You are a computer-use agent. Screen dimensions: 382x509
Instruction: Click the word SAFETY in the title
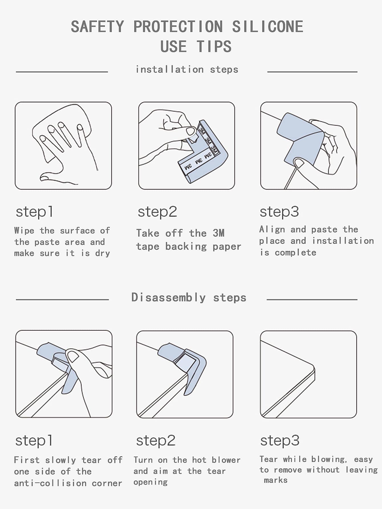(97, 27)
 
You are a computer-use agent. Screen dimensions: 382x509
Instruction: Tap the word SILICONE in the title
(267, 27)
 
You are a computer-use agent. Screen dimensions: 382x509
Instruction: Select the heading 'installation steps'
(187, 69)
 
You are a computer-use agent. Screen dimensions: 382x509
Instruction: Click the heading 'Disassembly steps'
(188, 297)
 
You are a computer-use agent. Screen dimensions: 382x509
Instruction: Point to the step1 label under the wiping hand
(34, 212)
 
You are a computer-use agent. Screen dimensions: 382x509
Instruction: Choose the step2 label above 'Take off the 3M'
(157, 212)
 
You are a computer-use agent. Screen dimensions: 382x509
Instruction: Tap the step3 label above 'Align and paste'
(279, 212)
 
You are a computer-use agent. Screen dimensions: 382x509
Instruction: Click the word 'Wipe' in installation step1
(24, 230)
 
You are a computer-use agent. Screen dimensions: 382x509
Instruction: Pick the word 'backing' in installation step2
(186, 246)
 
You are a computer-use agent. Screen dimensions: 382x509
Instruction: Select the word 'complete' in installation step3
(295, 253)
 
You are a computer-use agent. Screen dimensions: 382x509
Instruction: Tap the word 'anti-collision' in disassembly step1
(50, 483)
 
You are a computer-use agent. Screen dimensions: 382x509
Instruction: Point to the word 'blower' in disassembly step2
(226, 460)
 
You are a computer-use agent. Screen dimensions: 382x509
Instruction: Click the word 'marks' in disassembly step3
(276, 480)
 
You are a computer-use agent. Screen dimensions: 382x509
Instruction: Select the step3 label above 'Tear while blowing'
(280, 441)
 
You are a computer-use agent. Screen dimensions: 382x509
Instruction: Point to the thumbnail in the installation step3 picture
(299, 163)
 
